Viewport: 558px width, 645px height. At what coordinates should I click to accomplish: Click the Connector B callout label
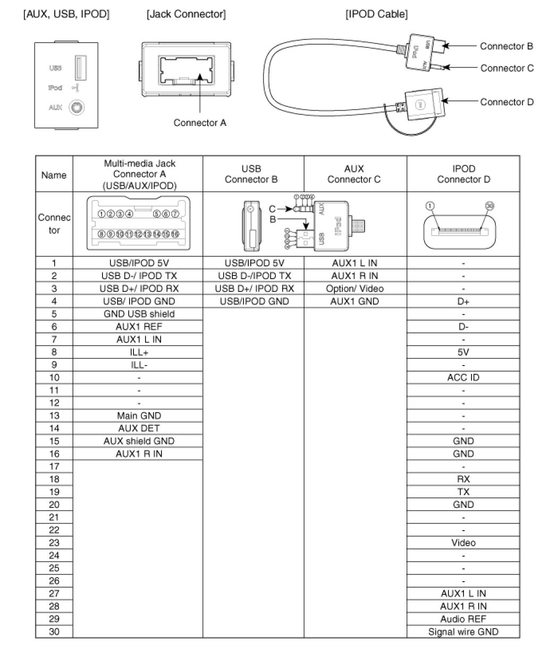(506, 46)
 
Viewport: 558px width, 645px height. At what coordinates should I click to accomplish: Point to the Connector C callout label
(506, 68)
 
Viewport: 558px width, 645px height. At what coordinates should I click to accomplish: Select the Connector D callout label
(506, 102)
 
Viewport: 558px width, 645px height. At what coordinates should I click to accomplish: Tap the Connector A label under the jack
(200, 123)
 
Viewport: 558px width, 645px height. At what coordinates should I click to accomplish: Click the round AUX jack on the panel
(78, 107)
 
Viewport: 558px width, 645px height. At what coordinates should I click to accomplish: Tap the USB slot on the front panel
(78, 68)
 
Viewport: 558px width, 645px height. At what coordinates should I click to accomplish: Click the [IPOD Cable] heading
(376, 15)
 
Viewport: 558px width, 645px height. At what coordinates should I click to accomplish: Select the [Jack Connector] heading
(186, 15)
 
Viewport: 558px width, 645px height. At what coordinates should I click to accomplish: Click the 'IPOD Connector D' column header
(463, 174)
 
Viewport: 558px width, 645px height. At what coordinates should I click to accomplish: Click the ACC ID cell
(463, 378)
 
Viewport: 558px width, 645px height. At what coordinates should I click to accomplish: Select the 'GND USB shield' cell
(139, 314)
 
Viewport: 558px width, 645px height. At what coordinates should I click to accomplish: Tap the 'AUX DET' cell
(139, 429)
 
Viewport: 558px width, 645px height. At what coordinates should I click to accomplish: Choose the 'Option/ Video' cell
(354, 289)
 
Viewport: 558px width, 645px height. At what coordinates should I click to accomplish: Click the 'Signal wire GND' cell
(463, 632)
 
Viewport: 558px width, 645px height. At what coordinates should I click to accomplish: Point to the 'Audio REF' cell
(463, 619)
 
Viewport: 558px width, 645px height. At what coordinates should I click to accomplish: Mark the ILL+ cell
(139, 352)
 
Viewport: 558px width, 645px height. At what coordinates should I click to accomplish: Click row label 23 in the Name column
(54, 543)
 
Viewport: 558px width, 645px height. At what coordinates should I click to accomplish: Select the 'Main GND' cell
(139, 416)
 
